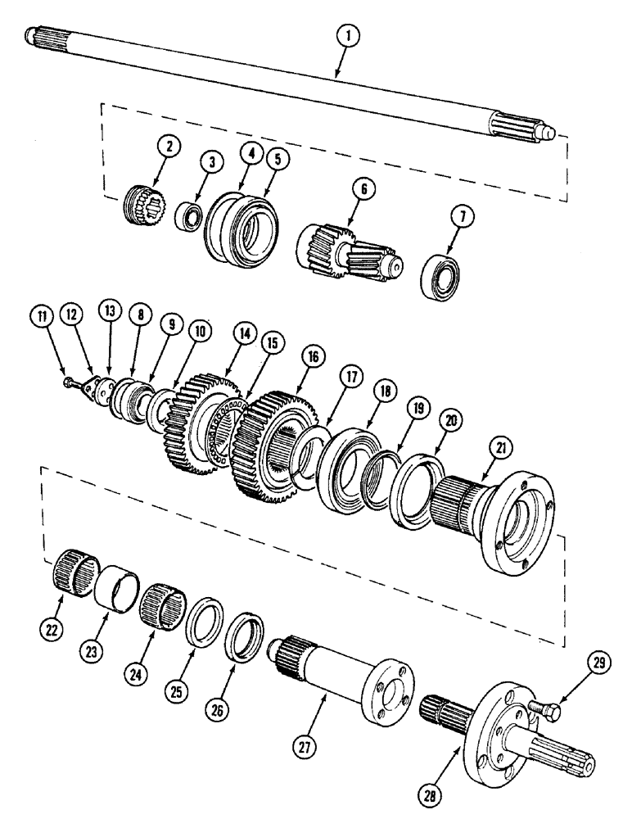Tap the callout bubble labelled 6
(x=364, y=190)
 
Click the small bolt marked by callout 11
(x=73, y=380)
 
